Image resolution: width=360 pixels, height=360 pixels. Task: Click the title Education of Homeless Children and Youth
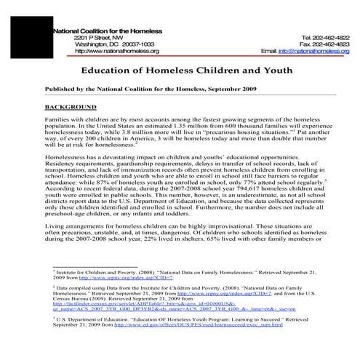click(x=179, y=72)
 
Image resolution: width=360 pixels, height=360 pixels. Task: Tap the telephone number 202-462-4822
click(x=328, y=36)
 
